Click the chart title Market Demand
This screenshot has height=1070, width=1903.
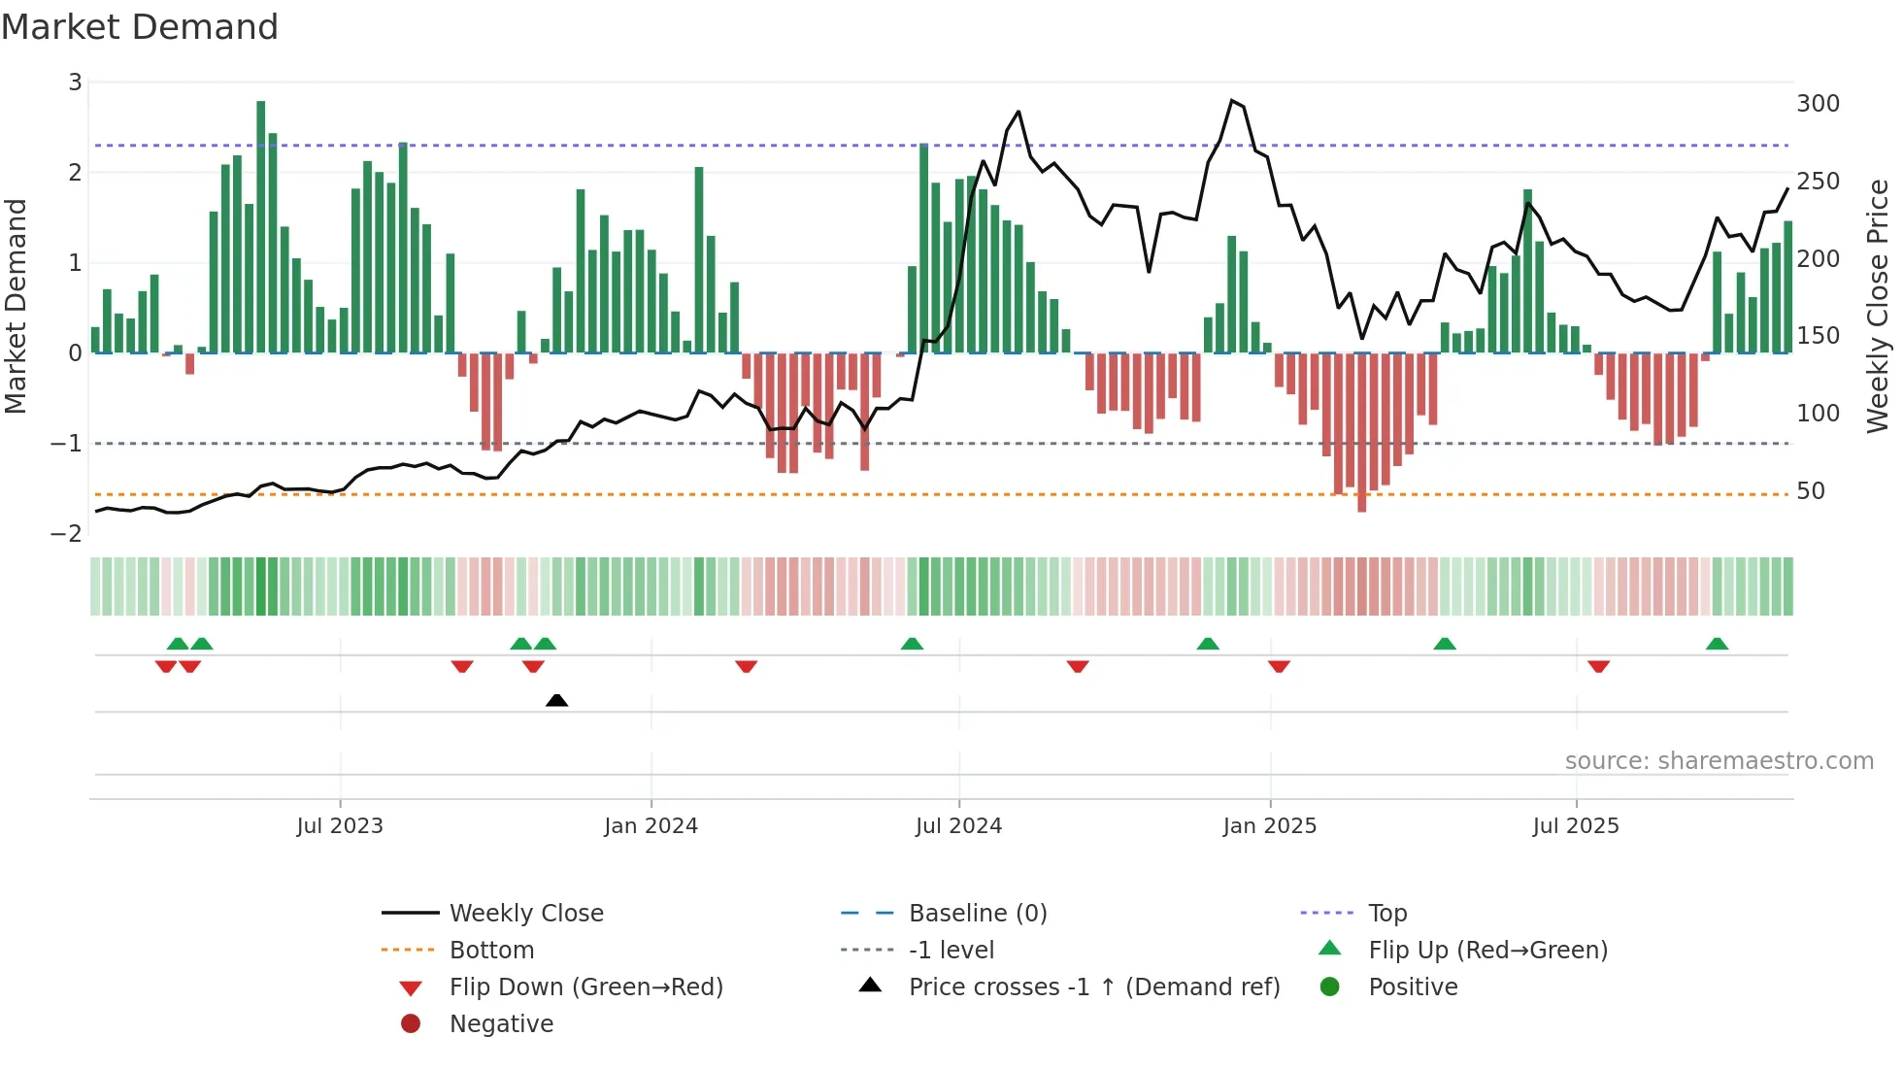tap(140, 27)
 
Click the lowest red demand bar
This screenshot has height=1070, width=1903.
tap(1361, 432)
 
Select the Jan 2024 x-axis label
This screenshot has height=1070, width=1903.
tap(651, 826)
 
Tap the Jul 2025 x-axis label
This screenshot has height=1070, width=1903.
tap(1576, 826)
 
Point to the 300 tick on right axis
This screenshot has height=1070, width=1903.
tap(1818, 104)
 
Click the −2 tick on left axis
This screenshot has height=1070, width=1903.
tap(67, 533)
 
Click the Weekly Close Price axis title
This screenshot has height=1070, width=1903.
tap(1878, 306)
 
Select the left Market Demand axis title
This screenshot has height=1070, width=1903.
tap(17, 306)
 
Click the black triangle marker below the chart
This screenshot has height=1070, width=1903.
tap(556, 700)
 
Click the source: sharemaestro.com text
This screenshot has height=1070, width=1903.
tap(1719, 761)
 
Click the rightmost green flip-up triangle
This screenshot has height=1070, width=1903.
tap(1717, 644)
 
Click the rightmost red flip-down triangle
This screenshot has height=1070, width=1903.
tap(1598, 666)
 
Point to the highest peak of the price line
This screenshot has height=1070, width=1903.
tap(1232, 101)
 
